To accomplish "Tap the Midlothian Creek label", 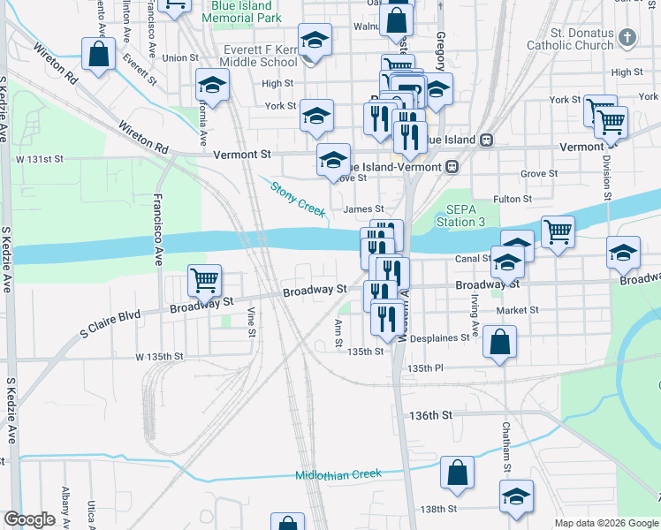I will click(338, 474).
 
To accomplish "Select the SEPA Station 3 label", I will click(461, 216).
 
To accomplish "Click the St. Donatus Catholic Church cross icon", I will click(627, 38).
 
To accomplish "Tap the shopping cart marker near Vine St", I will click(204, 281).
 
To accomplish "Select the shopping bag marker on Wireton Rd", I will click(98, 53).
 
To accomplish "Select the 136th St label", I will click(431, 414).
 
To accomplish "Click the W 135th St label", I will click(158, 357).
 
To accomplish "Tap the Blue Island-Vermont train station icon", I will click(452, 166).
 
